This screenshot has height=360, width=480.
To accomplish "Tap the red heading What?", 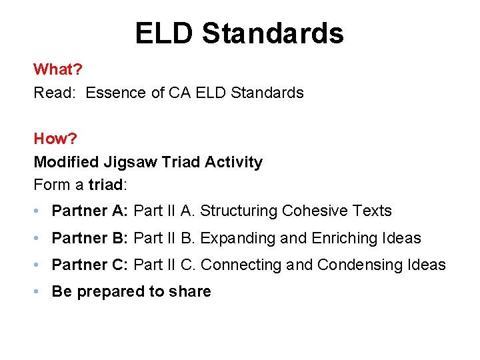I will pyautogui.click(x=56, y=69).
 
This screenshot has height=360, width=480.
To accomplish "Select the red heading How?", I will pyautogui.click(x=55, y=139).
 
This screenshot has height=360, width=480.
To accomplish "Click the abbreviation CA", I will pyautogui.click(x=179, y=93).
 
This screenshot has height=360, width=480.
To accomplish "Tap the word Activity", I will pyautogui.click(x=233, y=162).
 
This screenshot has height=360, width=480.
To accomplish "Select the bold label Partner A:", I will pyautogui.click(x=90, y=211).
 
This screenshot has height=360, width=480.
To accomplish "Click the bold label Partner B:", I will pyautogui.click(x=90, y=238).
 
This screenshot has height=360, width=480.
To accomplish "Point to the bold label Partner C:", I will pyautogui.click(x=90, y=265).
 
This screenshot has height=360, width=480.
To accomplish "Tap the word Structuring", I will pyautogui.click(x=238, y=211).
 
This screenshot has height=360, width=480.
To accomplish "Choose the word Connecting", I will pyautogui.click(x=241, y=265).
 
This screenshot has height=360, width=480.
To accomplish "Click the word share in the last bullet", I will pyautogui.click(x=190, y=291).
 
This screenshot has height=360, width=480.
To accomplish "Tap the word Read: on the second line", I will pyautogui.click(x=55, y=93).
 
